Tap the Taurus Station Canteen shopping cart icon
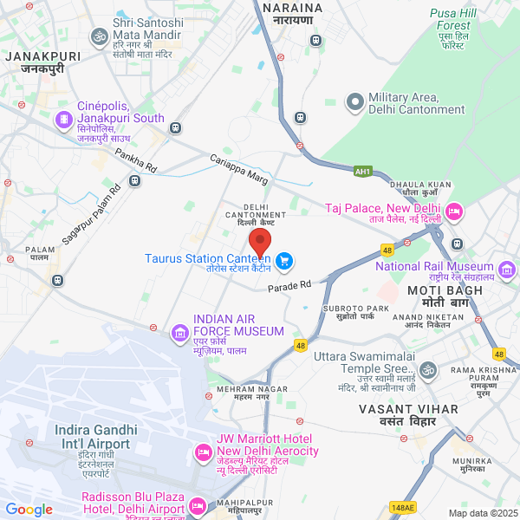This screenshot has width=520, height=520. [x=284, y=260]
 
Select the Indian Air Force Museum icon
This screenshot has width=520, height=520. [x=180, y=331]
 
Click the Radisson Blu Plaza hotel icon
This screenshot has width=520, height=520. [x=198, y=505]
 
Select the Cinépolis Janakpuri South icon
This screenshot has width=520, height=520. [x=63, y=119]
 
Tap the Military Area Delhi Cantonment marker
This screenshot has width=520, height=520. [x=354, y=103]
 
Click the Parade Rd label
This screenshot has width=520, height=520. [x=289, y=286]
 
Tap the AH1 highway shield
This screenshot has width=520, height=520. [x=362, y=172]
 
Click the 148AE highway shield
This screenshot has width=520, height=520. [x=403, y=507]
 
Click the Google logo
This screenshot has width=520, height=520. [x=29, y=510]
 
